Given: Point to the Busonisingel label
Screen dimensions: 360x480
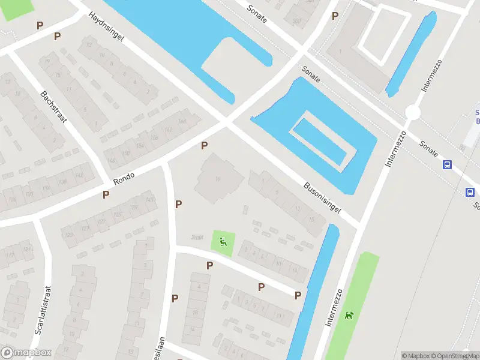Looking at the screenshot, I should (x=322, y=198).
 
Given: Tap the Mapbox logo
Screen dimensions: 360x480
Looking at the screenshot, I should (x=26, y=352).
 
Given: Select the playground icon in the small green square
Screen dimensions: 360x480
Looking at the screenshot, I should (x=223, y=242).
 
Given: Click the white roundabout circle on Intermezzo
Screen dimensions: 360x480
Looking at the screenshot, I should (x=412, y=112).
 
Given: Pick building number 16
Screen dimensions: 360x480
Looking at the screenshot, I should (x=218, y=179).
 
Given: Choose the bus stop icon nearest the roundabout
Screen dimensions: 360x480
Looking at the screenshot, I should (x=447, y=165).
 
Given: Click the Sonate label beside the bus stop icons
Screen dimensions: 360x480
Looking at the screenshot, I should (x=429, y=146).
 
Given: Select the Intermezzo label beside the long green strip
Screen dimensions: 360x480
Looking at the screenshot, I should (x=334, y=307).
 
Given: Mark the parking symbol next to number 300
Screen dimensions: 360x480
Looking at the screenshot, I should (x=335, y=16).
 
